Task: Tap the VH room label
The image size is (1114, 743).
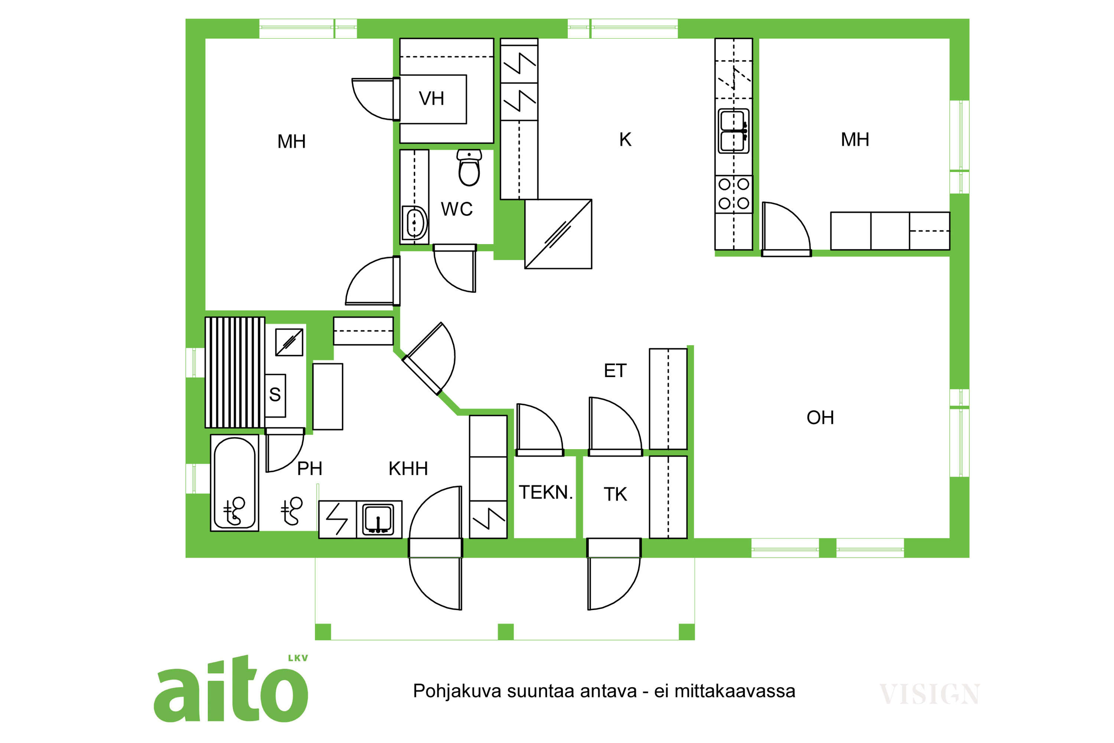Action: point(431,98)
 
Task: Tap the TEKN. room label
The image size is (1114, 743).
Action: point(545,492)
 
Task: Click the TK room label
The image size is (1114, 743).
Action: point(615,494)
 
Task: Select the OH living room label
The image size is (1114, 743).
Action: point(820,418)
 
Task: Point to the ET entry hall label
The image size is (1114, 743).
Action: point(615,370)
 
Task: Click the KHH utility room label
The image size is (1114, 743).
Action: point(408,468)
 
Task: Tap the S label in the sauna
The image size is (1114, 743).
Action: point(275,395)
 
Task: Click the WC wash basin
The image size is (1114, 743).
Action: point(414,223)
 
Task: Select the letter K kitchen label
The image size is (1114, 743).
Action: point(625,139)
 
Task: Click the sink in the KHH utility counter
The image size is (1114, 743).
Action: point(378,520)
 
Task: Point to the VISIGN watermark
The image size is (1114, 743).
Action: point(930,694)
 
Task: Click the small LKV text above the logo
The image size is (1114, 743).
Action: point(298,658)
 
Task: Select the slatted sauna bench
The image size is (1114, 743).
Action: point(235,373)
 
